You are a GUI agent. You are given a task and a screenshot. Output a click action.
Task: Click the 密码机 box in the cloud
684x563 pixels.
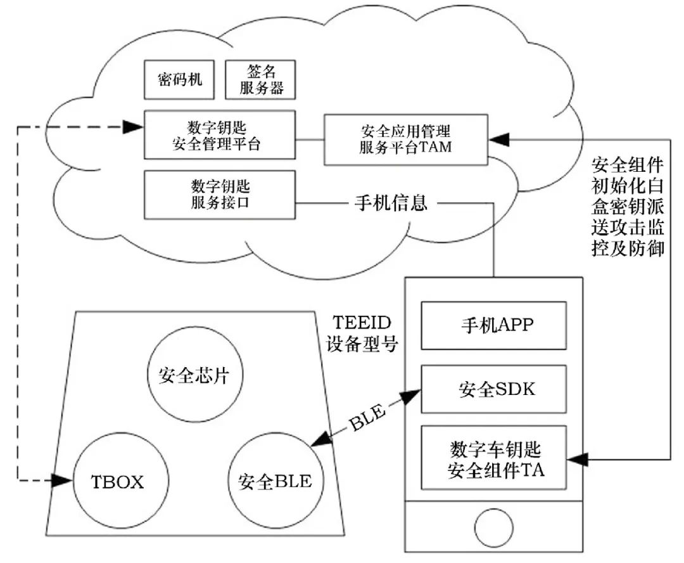pyautogui.click(x=180, y=80)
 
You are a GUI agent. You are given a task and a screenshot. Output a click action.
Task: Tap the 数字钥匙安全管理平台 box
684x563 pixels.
pyautogui.click(x=220, y=135)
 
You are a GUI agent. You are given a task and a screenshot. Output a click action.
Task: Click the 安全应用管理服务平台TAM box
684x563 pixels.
pyautogui.click(x=405, y=139)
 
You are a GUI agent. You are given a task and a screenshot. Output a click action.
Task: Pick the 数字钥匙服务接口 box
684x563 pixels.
pyautogui.click(x=220, y=194)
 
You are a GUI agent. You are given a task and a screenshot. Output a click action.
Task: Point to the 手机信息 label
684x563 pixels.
pyautogui.click(x=389, y=203)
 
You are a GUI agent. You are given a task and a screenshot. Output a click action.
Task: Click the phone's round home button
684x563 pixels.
pyautogui.click(x=493, y=526)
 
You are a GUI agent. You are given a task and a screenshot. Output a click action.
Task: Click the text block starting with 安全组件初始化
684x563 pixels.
pyautogui.click(x=627, y=207)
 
